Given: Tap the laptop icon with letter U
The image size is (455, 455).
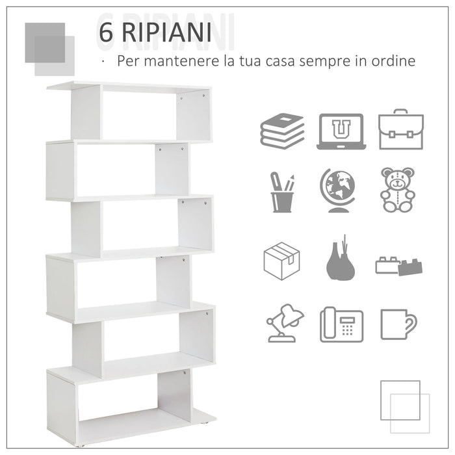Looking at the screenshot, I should [x=341, y=131].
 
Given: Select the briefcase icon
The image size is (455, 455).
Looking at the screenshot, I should [x=401, y=130].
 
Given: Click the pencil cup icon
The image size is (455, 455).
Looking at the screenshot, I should [x=282, y=192].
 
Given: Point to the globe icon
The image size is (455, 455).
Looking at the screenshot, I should [x=337, y=190].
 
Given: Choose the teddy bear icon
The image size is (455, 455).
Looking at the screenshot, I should [x=398, y=190].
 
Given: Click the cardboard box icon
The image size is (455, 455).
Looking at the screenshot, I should [x=281, y=261].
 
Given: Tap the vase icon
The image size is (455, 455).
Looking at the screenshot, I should [x=341, y=260].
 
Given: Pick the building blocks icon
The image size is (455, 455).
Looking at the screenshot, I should [x=399, y=265].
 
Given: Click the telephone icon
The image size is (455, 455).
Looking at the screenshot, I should [x=341, y=324].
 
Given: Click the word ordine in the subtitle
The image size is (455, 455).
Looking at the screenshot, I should [x=391, y=62].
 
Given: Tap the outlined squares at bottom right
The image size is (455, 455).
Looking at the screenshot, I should [x=405, y=406].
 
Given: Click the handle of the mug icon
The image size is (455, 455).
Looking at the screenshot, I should [x=411, y=323].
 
